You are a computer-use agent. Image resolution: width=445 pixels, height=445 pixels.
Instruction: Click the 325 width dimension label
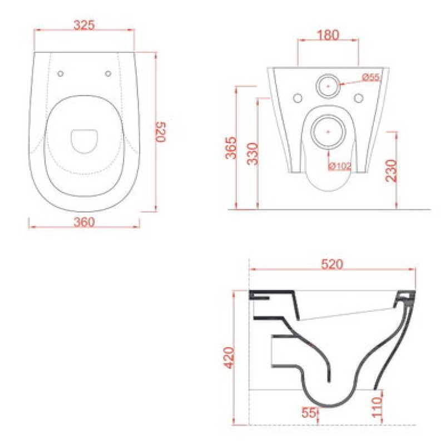pos(84,25)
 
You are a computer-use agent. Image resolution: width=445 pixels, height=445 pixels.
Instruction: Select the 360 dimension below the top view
pos(84,222)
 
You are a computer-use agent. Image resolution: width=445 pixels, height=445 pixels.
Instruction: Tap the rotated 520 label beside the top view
pos(161,132)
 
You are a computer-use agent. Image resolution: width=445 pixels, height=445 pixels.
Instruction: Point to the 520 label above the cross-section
pos(332,265)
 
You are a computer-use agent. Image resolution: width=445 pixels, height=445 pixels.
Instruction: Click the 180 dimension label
pos(328,35)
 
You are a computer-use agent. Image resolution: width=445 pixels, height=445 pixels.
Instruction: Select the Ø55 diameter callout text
pos(371,77)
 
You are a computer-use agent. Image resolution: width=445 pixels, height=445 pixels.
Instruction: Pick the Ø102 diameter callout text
pos(340,166)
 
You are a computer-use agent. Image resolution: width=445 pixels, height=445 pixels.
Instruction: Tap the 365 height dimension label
pos(231,148)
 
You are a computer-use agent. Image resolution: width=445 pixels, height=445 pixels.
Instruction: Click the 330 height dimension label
pos(253,154)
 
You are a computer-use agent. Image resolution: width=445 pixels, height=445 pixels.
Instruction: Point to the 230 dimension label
pos(392,171)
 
